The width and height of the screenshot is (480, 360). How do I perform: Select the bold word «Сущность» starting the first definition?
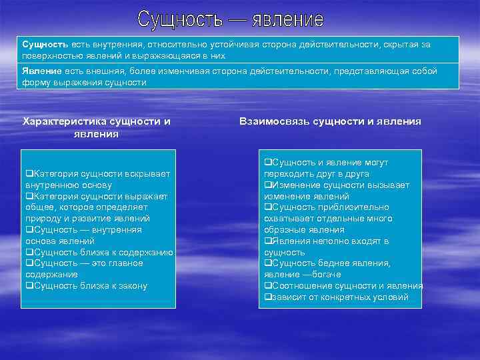point(43,44)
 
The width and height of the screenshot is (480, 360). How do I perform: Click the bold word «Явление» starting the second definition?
point(42,71)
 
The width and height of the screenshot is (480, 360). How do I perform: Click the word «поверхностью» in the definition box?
point(51,56)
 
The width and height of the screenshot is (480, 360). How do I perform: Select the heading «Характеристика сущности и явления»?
point(97,127)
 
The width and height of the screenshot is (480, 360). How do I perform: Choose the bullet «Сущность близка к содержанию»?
point(99,252)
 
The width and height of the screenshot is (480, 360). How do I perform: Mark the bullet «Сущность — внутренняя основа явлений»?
point(83,235)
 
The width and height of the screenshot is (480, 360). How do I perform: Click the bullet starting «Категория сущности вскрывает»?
point(97,179)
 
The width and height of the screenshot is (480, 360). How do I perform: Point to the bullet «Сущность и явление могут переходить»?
point(326,168)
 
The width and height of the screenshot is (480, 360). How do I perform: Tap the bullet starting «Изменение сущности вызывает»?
point(337,191)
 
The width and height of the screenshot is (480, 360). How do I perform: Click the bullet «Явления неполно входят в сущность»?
point(326,247)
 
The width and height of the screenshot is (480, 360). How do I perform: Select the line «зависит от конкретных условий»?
point(336,297)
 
